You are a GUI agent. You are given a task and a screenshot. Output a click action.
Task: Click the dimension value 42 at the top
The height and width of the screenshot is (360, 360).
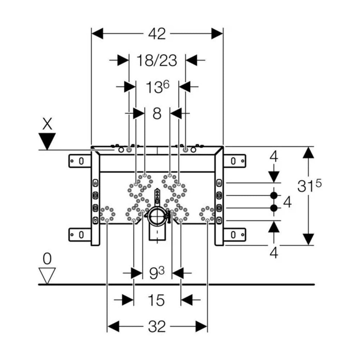coord(157,34)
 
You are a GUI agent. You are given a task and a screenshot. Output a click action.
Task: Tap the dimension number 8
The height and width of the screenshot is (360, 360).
coord(157,113)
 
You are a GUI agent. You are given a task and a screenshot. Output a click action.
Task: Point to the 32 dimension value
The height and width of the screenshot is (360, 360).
coord(157,327)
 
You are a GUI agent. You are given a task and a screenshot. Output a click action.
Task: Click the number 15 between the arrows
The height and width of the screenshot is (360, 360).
coord(157,300)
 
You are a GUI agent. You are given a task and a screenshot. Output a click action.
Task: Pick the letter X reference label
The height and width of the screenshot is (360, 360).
coord(47,125)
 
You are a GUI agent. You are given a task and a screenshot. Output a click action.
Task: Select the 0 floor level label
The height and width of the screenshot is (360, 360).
coord(47,258)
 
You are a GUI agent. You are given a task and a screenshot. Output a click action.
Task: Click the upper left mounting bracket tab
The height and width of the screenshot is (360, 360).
coord(80,161)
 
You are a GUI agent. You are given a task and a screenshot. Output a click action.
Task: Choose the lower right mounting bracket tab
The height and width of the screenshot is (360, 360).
coord(234,235)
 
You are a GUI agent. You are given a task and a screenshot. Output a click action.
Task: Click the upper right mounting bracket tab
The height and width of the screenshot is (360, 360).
coord(234,161)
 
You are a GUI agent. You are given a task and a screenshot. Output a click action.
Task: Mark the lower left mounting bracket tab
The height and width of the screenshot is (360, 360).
coord(80,235)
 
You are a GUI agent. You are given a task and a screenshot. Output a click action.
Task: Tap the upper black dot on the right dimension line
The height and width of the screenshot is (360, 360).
coord(274,196)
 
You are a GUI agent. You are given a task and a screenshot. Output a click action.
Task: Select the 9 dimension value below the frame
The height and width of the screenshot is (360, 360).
coord(157,273)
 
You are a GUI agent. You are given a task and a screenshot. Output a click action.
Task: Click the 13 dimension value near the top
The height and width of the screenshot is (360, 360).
coord(157,87)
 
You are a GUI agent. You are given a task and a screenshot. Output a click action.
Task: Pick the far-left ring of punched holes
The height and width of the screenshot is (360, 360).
coord(107,214)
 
